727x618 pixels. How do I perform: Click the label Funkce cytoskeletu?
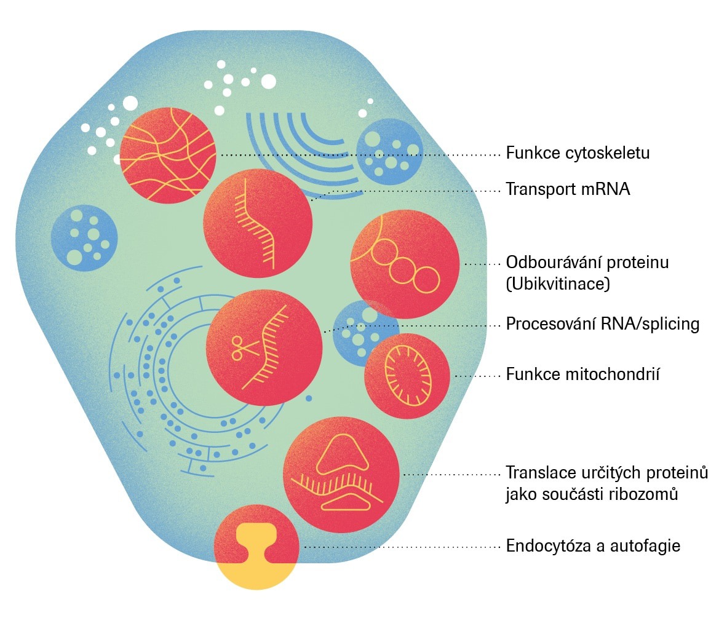coord(578,153)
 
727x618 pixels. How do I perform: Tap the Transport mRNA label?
coord(568,189)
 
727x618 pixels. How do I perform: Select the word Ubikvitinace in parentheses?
coord(558,283)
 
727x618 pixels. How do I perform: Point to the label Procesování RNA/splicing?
coord(602,323)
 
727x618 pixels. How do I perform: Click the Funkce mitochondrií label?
coord(583,374)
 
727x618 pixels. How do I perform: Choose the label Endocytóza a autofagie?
coord(593,545)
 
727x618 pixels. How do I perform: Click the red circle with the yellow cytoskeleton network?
coord(168,156)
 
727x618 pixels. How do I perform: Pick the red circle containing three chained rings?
coord(404,264)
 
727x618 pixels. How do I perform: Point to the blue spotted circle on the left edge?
coord(84,238)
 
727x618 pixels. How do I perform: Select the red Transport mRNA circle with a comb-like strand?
coord(258,223)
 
